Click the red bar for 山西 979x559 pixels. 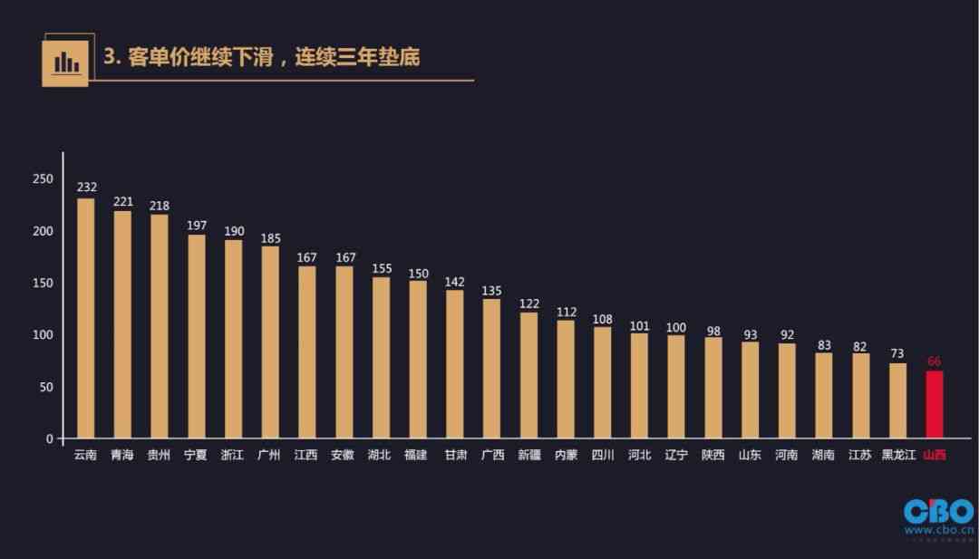(934, 405)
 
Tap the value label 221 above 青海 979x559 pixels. (122, 201)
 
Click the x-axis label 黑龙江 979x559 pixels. (898, 455)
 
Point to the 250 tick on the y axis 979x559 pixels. (43, 179)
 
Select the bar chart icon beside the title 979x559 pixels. (65, 62)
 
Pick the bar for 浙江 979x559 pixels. (233, 340)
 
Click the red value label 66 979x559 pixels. (934, 361)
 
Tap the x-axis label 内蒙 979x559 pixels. (566, 455)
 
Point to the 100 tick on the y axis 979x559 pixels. (43, 335)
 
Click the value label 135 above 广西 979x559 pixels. (491, 291)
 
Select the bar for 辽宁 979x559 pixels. (676, 387)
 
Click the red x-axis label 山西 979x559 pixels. (934, 455)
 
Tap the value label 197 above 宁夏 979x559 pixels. (197, 225)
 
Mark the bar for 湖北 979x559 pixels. (381, 358)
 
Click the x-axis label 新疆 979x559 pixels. (528, 455)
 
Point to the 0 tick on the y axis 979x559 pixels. (50, 439)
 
